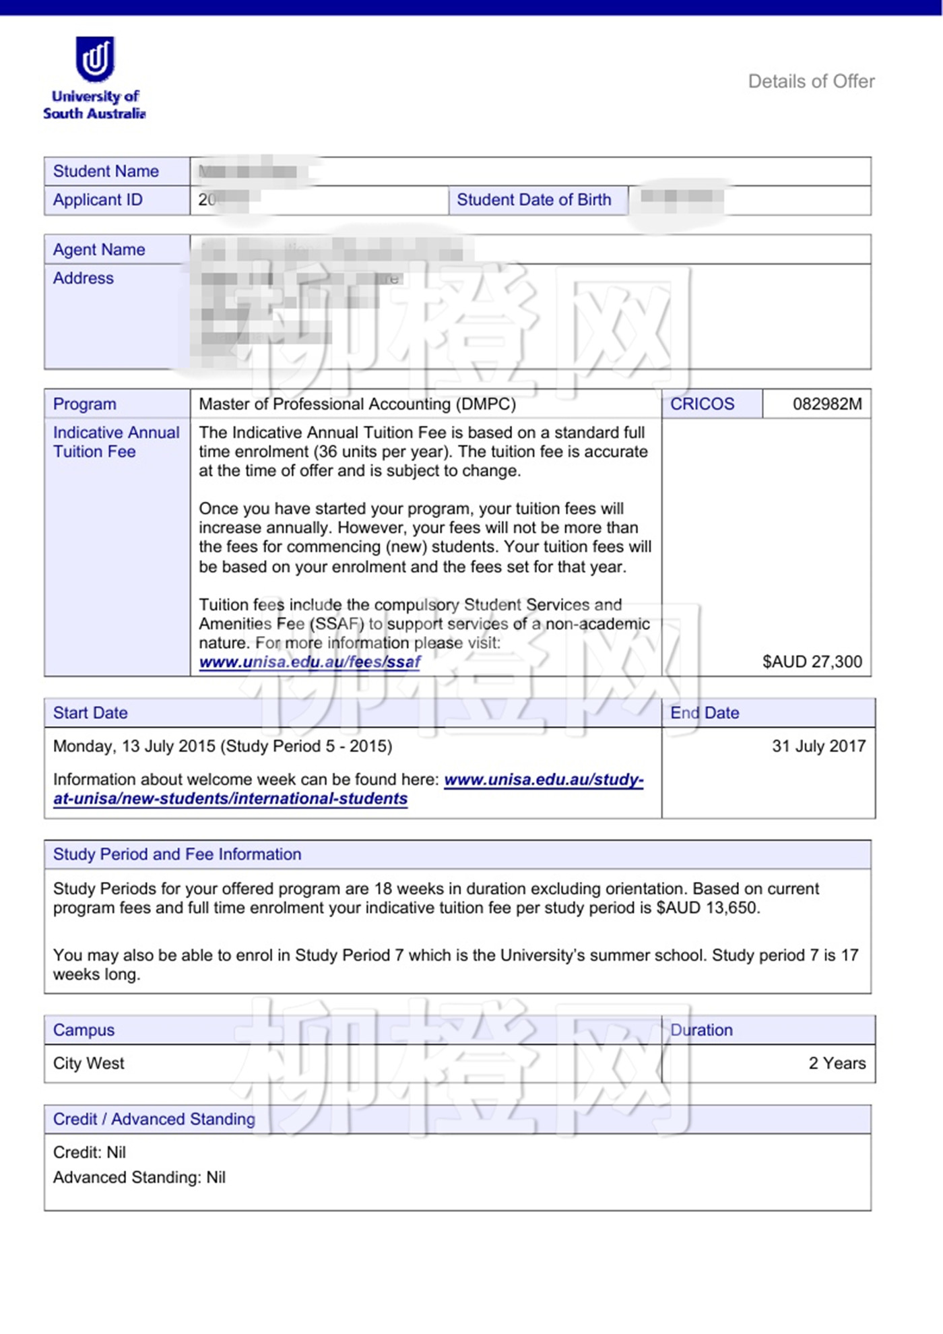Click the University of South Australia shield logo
[x=95, y=59]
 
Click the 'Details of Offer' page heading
[x=811, y=82]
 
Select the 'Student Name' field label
[x=106, y=171]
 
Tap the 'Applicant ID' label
[x=98, y=200]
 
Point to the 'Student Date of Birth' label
[x=533, y=200]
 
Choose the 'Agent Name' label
[x=99, y=250]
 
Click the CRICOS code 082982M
[x=826, y=404]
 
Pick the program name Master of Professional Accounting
[x=357, y=404]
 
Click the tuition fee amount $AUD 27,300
[x=812, y=662]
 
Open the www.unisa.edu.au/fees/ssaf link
[x=310, y=662]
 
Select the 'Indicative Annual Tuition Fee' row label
[x=116, y=442]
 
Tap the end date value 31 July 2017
[x=818, y=747]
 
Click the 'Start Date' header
[x=90, y=713]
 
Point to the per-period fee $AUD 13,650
[x=708, y=908]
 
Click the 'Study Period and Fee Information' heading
[x=177, y=854]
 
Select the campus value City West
[x=89, y=1063]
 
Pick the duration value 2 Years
[x=837, y=1063]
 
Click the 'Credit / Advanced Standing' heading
[x=154, y=1119]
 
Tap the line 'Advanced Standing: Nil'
[x=139, y=1177]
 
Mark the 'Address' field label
[x=84, y=278]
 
